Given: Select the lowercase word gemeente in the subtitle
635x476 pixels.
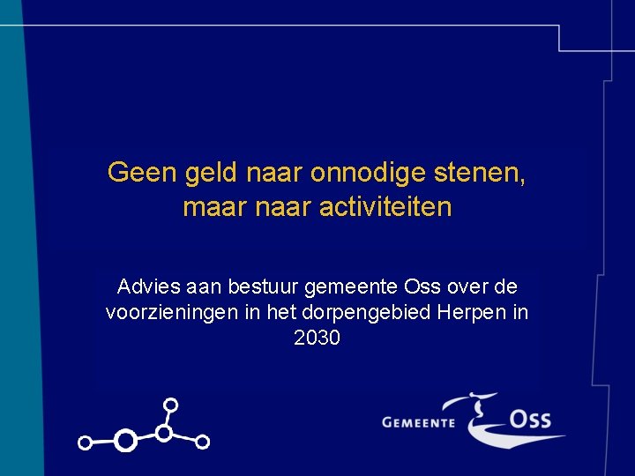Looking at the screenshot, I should pyautogui.click(x=351, y=287).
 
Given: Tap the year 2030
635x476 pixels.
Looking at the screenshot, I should pyautogui.click(x=317, y=338).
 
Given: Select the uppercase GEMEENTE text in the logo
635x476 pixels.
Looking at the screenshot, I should pyautogui.click(x=419, y=422).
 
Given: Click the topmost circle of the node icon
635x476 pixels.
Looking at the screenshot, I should pyautogui.click(x=171, y=405).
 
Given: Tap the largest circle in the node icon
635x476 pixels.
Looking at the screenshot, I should pyautogui.click(x=126, y=440).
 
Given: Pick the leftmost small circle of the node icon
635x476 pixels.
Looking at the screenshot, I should pyautogui.click(x=86, y=443).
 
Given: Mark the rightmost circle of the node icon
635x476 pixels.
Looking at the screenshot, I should pyautogui.click(x=202, y=442).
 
